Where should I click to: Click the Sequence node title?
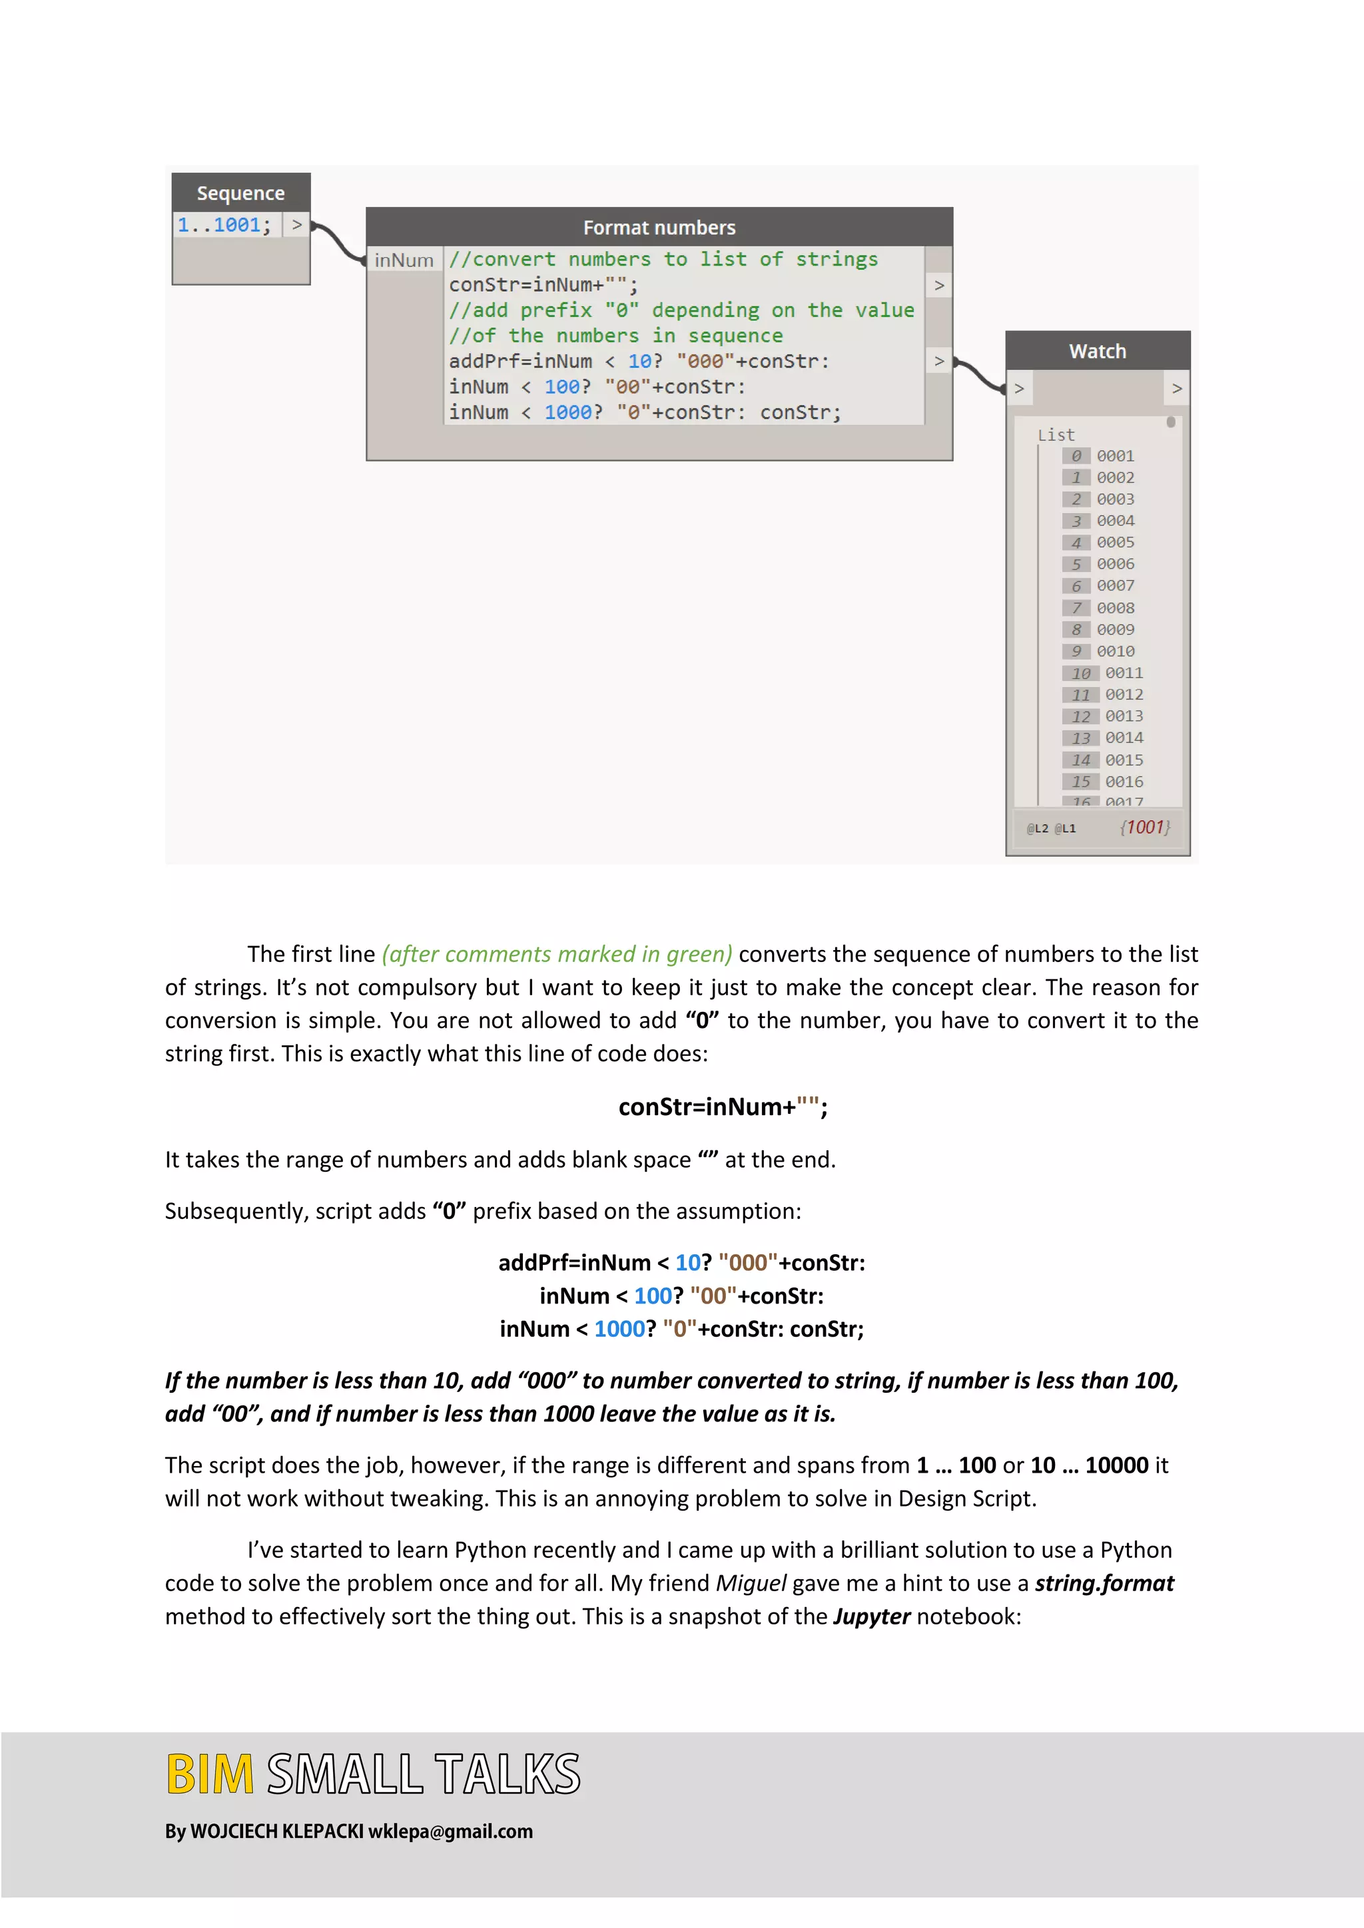coord(240,193)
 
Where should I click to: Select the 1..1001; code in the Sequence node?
coord(223,225)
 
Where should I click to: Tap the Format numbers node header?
coord(659,228)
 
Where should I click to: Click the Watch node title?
coord(1097,351)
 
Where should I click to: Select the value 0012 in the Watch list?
coord(1124,694)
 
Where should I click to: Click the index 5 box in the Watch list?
coord(1076,565)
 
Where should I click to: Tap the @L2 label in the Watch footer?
coord(1037,829)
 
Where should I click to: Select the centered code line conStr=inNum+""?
coord(723,1106)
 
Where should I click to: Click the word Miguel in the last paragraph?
coord(750,1583)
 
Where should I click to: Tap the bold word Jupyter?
coord(871,1616)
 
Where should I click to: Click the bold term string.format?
coord(1104,1583)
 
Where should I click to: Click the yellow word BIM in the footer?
coord(209,1774)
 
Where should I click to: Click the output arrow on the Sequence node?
coord(296,225)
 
